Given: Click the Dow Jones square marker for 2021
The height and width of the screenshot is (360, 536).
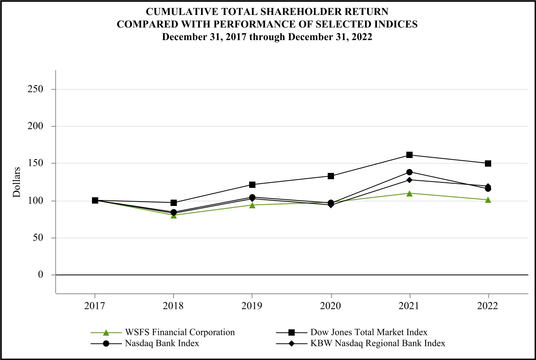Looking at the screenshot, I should (x=409, y=155).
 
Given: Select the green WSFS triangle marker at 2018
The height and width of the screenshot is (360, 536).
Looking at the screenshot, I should (x=173, y=215).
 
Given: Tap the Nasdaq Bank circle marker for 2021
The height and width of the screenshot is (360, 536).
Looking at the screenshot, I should (x=409, y=172).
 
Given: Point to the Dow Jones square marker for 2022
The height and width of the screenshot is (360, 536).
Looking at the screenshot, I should (x=488, y=163).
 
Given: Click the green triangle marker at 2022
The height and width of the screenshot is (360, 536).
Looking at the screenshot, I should (x=488, y=200).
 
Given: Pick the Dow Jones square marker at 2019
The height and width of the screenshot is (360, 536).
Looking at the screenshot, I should (x=252, y=185).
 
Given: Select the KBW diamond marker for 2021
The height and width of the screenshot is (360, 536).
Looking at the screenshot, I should (x=409, y=180).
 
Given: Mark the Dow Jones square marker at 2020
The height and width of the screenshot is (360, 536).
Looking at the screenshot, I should (x=331, y=176).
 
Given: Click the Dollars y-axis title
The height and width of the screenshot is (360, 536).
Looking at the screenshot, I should (x=17, y=182).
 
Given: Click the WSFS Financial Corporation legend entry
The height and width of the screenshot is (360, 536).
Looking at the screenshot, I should (x=180, y=332).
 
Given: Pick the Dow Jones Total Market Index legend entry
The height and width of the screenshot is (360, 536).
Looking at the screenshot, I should (x=368, y=332).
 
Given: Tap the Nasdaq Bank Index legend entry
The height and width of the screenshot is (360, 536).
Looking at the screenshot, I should (x=162, y=343).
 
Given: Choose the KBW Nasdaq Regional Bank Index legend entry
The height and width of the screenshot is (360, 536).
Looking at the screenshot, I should (x=377, y=343).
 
